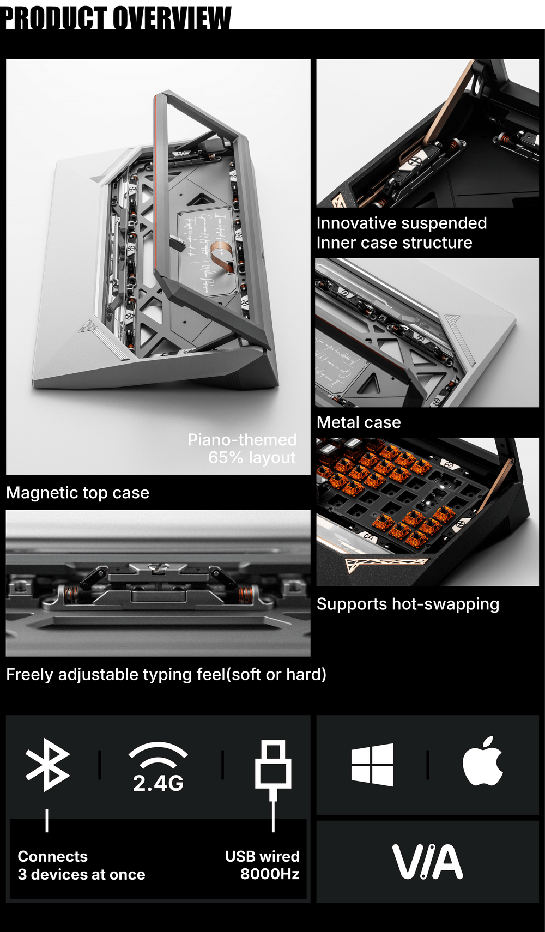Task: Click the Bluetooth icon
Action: [x=48, y=765]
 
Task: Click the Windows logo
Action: [x=372, y=764]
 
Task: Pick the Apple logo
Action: [x=482, y=761]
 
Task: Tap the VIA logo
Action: [x=428, y=862]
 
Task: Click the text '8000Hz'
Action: [x=270, y=874]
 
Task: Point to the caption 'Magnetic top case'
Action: [x=77, y=493]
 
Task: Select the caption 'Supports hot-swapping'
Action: [x=408, y=604]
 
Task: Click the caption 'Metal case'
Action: [x=359, y=422]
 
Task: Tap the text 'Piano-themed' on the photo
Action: [x=242, y=440]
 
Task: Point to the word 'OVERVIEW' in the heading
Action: [x=172, y=17]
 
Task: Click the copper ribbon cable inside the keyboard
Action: [x=221, y=254]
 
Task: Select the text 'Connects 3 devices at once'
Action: [x=81, y=866]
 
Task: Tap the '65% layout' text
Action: [x=252, y=458]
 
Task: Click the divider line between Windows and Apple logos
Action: [x=428, y=764]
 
